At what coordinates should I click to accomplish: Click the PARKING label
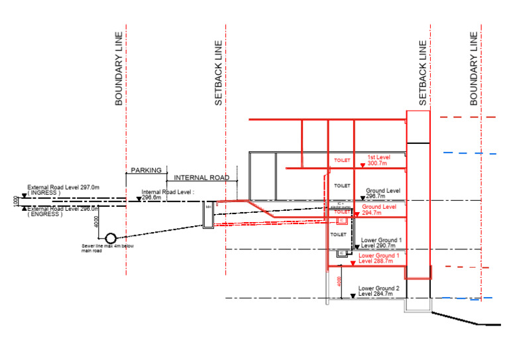(x=146, y=170)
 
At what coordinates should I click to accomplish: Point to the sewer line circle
(x=110, y=237)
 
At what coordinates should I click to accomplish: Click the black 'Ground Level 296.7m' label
(x=383, y=194)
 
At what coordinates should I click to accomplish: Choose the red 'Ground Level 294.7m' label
(x=379, y=210)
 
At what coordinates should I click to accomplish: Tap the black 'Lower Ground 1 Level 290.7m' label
(x=381, y=243)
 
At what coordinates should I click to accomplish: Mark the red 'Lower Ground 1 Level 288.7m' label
(x=378, y=259)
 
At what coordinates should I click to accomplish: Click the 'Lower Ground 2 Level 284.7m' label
(x=378, y=292)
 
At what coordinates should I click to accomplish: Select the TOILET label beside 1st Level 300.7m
(x=341, y=160)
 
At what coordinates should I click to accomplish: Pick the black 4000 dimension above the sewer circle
(x=97, y=221)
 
